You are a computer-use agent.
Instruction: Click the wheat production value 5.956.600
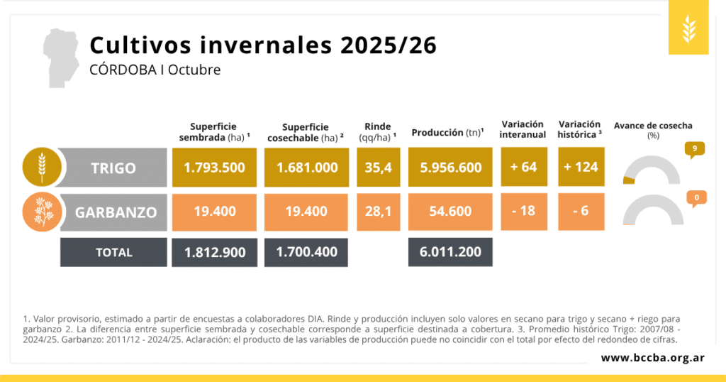450,168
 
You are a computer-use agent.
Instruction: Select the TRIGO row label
113,168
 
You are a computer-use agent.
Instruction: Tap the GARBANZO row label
113,212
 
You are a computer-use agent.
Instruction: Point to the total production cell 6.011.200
450,251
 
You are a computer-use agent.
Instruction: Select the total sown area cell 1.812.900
214,251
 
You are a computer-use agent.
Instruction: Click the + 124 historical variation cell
581,168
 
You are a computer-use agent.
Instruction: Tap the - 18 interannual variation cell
523,212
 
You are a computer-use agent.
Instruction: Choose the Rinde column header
378,130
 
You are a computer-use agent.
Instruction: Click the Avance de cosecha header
653,126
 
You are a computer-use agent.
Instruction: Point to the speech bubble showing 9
695,149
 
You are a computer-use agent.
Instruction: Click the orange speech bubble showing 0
696,198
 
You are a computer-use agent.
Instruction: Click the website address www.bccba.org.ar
652,357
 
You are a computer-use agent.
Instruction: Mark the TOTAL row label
113,252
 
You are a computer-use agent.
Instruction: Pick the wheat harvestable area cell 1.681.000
306,168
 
